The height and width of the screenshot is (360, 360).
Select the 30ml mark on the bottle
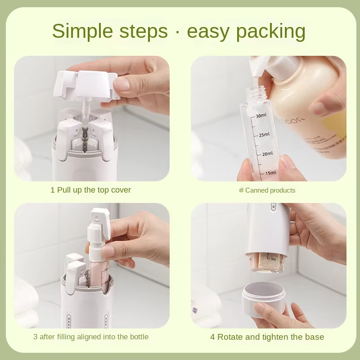tap(261, 116)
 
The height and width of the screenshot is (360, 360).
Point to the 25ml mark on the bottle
tap(264, 135)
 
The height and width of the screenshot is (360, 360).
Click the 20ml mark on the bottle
tap(267, 154)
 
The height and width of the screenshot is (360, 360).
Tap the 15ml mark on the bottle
tap(270, 173)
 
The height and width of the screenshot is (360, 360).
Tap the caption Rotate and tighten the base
tap(267, 337)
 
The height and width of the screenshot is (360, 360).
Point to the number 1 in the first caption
tap(53, 190)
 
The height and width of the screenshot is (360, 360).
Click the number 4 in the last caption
tap(212, 337)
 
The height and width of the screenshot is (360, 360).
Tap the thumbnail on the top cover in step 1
tap(122, 84)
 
